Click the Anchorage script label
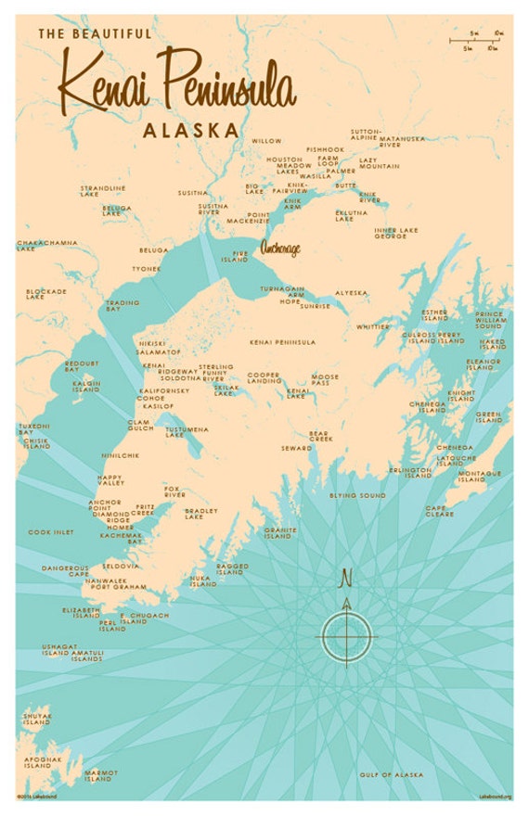tap(282, 248)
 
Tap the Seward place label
tap(296, 448)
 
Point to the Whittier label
tap(373, 326)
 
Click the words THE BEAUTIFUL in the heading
tap(94, 33)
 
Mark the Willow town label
tap(266, 141)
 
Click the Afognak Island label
tap(36, 764)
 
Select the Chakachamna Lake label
tap(44, 246)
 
